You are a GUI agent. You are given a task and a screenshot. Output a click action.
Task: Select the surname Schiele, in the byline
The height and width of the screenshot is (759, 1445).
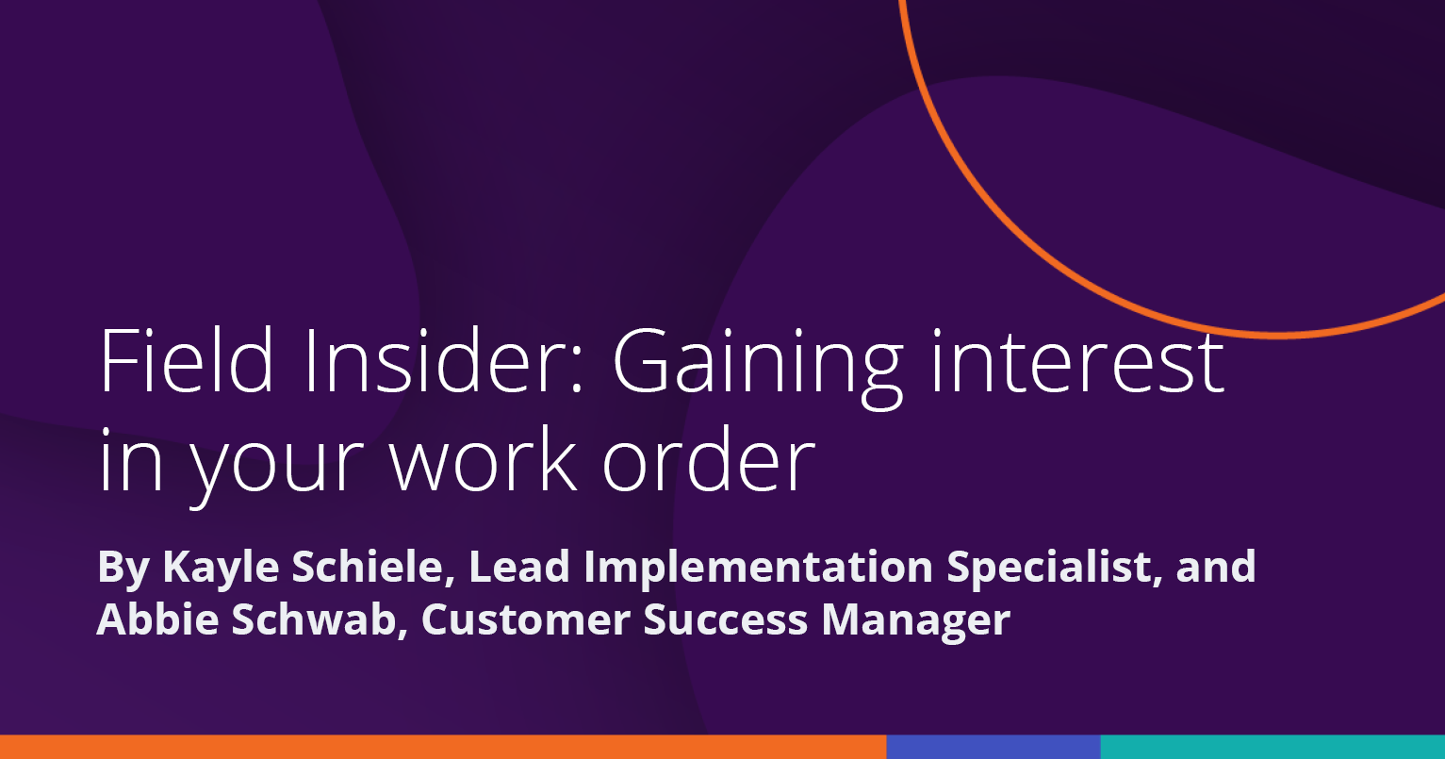(x=373, y=568)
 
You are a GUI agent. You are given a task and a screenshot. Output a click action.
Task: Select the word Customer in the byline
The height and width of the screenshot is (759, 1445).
(x=526, y=619)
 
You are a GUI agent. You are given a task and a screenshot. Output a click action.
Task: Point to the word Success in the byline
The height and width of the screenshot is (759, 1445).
(x=726, y=619)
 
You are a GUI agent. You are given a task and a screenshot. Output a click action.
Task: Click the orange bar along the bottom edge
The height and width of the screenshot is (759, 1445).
(x=443, y=747)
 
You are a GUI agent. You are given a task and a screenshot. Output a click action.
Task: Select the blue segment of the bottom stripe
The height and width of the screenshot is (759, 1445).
(x=993, y=747)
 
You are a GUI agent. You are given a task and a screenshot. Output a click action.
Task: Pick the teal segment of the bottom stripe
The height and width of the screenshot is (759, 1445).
(x=1273, y=747)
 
